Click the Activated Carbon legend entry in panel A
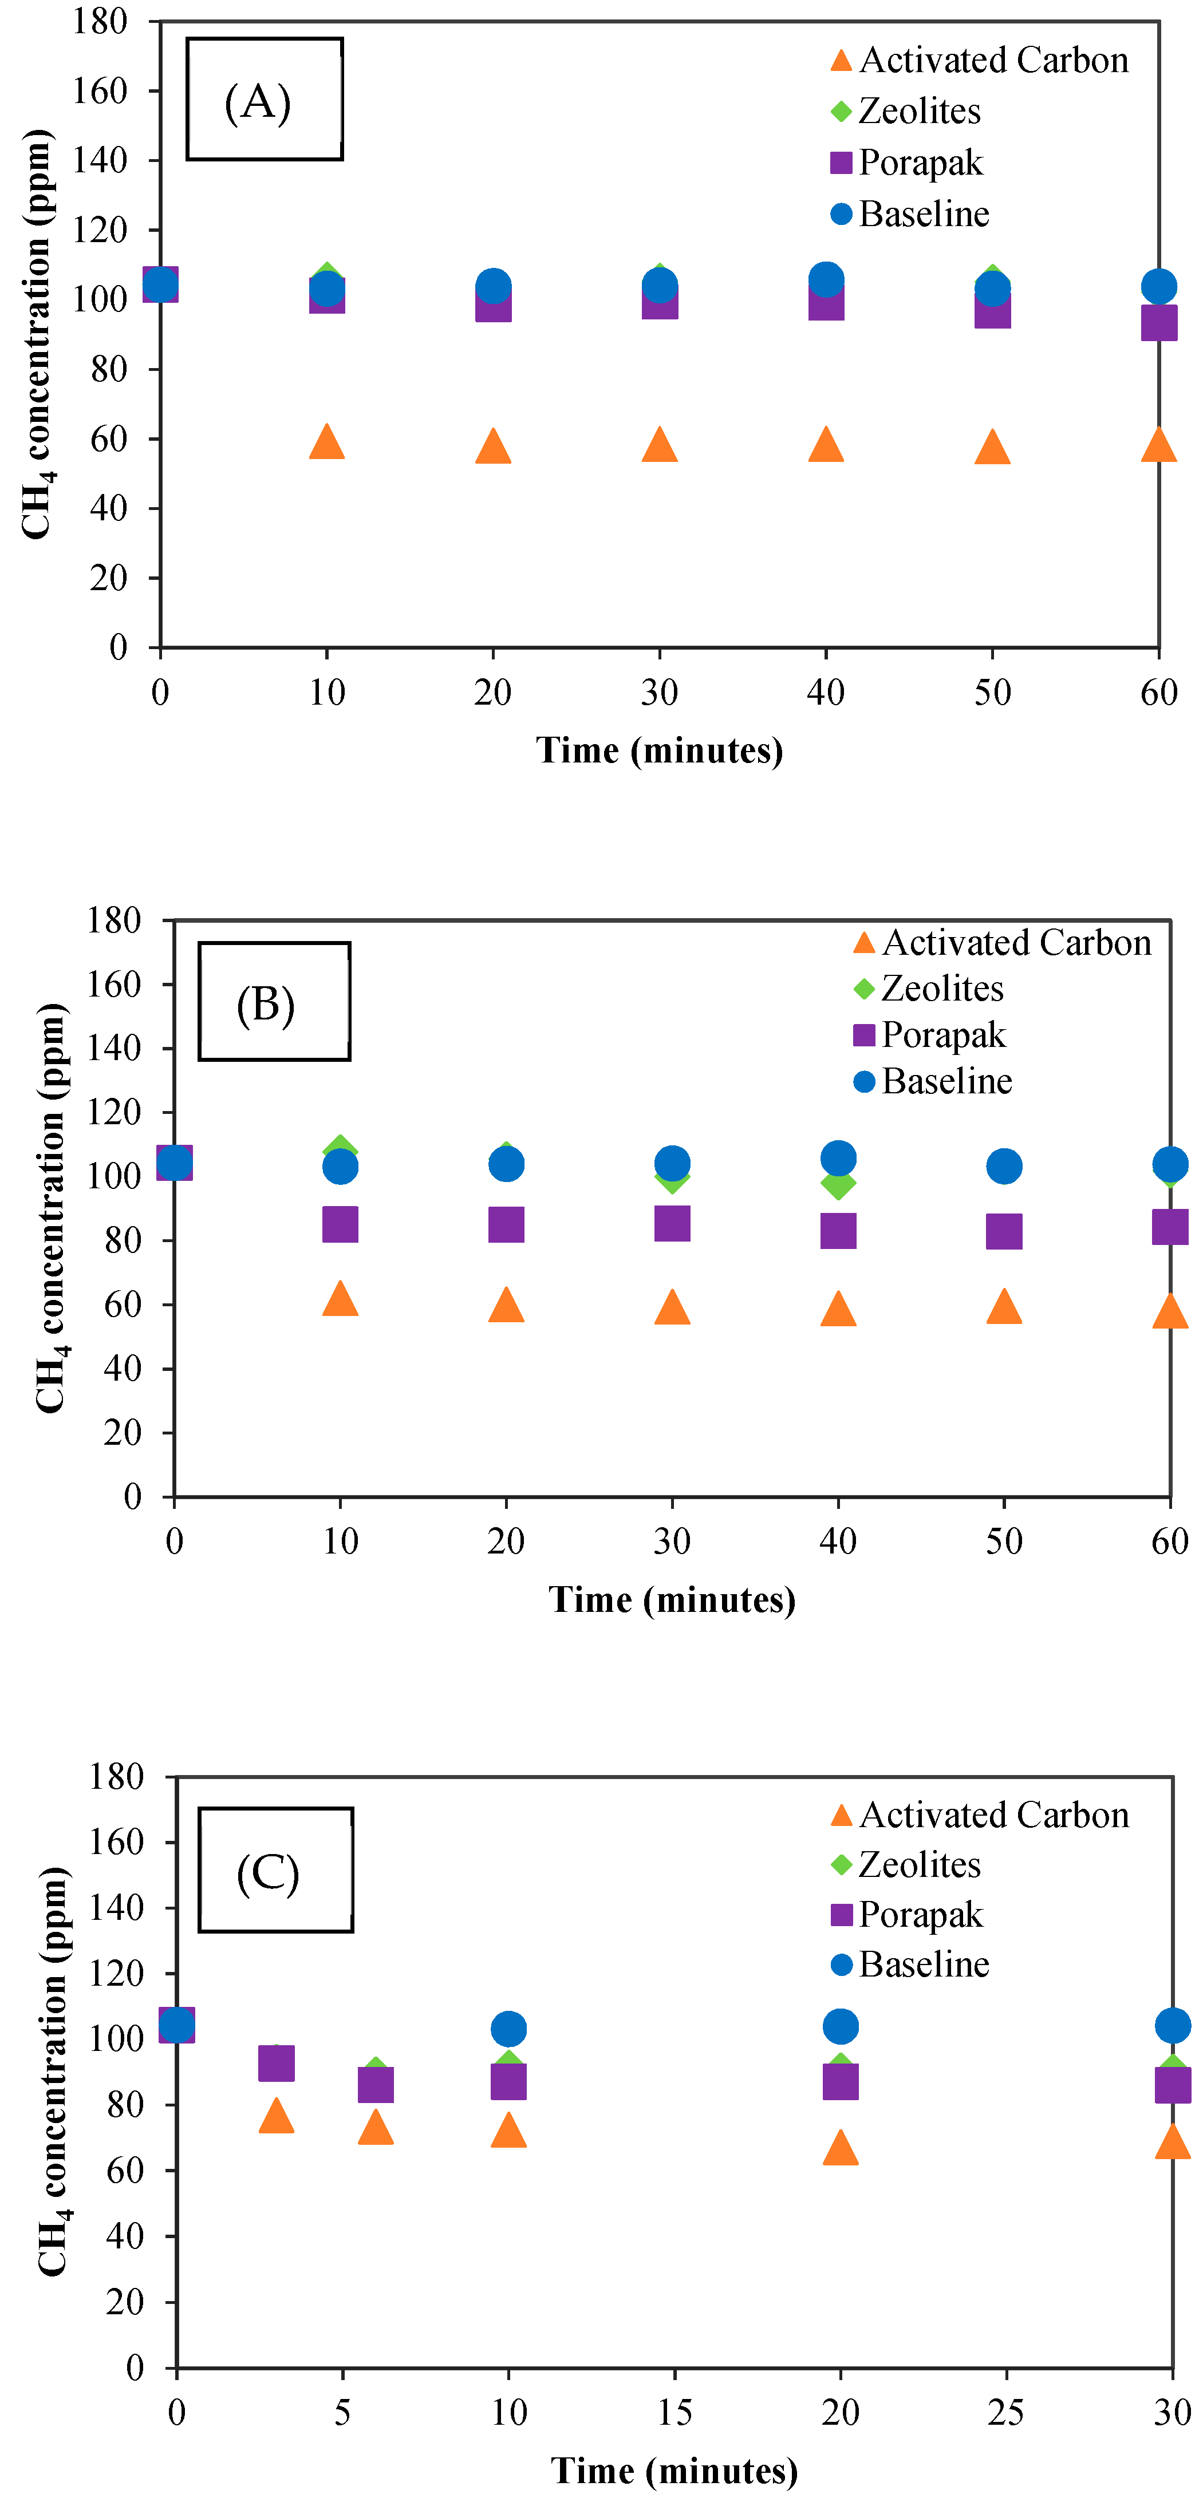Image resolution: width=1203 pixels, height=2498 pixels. coord(980,60)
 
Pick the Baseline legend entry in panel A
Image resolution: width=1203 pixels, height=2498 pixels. coord(910,214)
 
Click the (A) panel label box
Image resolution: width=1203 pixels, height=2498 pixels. coord(264,99)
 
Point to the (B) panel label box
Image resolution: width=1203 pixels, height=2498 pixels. coord(274,1002)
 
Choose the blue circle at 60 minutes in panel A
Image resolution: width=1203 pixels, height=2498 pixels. coord(1158,286)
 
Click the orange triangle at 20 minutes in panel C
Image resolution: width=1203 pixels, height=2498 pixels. coord(840,2148)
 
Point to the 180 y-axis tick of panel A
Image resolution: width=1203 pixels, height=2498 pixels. coord(101,21)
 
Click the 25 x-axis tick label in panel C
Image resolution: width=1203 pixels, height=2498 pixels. coord(1006,2412)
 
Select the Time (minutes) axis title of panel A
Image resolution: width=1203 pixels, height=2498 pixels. coord(660,750)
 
